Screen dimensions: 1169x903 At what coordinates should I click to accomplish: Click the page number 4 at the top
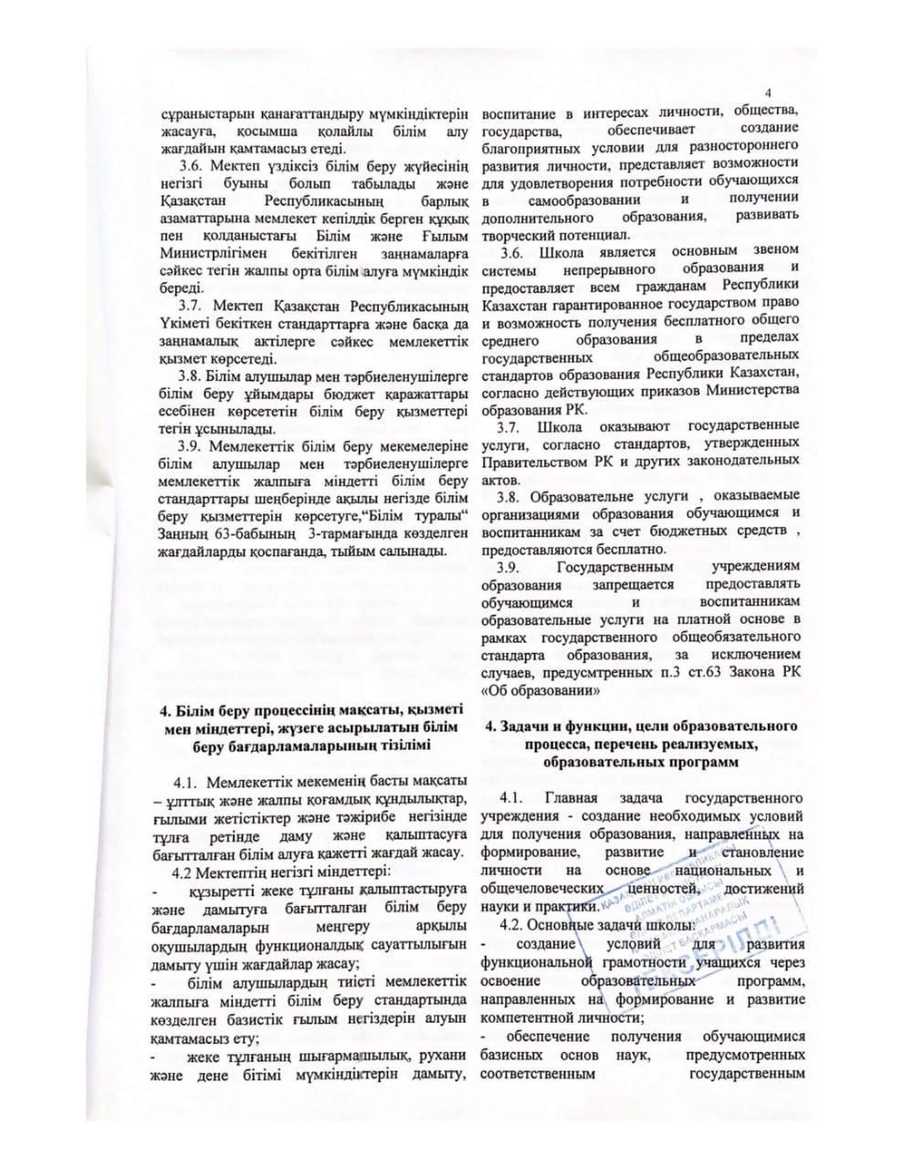769,93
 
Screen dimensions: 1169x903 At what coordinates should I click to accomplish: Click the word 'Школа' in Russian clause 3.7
560,427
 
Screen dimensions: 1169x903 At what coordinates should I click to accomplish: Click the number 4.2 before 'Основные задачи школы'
517,923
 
